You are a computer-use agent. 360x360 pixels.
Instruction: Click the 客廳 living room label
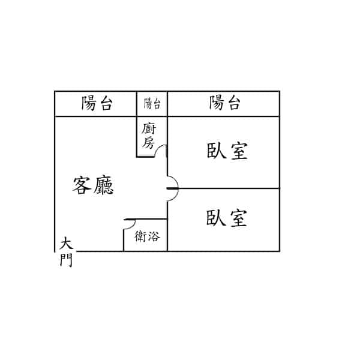tap(93, 185)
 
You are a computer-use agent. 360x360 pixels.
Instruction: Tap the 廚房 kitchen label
tap(149, 136)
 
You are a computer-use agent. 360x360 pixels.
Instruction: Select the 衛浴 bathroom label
tap(147, 236)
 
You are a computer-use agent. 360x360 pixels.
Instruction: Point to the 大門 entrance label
tap(66, 253)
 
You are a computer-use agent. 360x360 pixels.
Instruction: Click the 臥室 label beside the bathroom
tap(226, 218)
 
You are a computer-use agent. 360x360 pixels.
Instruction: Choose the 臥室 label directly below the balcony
tap(227, 151)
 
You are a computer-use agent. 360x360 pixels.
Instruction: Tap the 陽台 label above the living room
tap(97, 103)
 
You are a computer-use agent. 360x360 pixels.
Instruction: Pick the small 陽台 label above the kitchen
tap(152, 103)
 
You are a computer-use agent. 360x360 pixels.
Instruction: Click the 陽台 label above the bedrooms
tap(225, 103)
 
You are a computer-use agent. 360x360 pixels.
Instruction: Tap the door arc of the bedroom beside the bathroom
tap(175, 197)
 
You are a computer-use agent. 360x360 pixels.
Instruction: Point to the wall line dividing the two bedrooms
tap(223, 188)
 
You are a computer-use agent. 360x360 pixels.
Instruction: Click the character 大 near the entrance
tap(66, 244)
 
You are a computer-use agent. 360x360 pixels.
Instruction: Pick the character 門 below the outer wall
tap(66, 260)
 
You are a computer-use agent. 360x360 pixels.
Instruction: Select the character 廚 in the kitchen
tap(149, 129)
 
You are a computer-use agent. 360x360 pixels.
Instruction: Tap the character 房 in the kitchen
tap(148, 143)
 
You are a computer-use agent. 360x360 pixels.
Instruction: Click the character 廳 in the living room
tap(104, 185)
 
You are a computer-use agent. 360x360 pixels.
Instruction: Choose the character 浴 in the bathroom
tap(154, 236)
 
